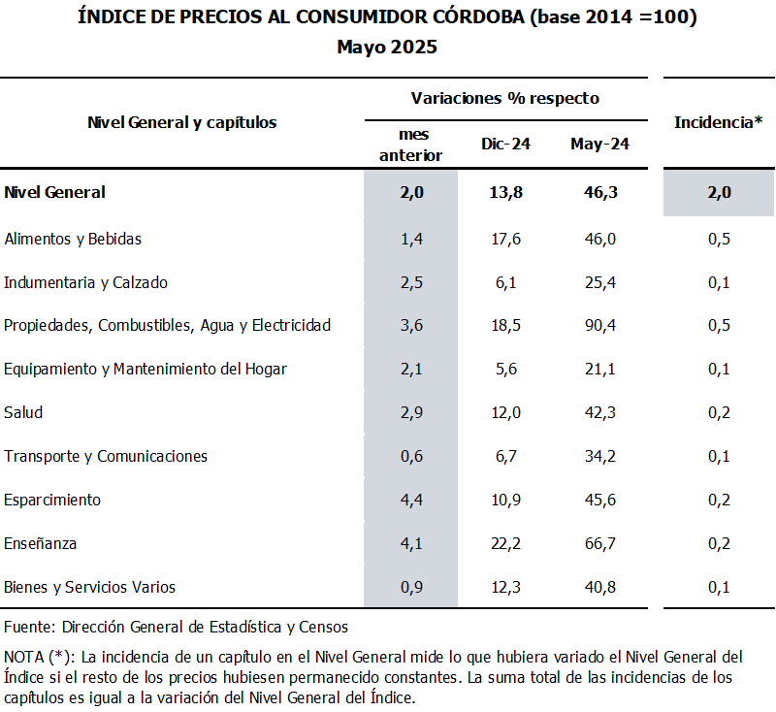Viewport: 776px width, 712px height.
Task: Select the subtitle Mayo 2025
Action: (x=387, y=47)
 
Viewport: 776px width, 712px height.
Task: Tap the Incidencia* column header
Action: (x=718, y=122)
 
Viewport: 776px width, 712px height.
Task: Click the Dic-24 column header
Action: (x=505, y=144)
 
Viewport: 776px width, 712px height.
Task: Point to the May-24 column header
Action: (x=599, y=144)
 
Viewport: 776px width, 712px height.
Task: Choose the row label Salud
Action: (x=23, y=412)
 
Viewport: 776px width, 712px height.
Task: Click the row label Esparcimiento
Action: (x=52, y=500)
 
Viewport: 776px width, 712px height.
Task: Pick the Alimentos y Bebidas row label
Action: (x=74, y=239)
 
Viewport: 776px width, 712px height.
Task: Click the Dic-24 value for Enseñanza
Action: (x=505, y=543)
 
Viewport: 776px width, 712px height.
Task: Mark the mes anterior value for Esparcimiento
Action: (x=411, y=500)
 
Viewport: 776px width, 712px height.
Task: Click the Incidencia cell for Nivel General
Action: (x=719, y=192)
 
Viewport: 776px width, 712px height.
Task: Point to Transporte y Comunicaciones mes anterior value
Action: (x=411, y=456)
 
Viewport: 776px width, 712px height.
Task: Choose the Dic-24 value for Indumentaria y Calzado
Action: (x=505, y=282)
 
